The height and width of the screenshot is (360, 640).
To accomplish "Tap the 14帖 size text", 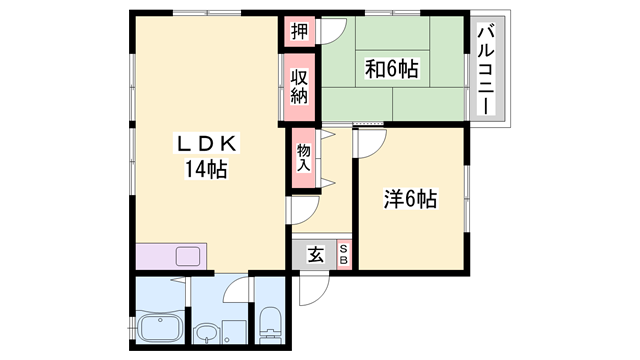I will click(205, 169).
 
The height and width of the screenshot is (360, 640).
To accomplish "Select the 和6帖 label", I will click(391, 68).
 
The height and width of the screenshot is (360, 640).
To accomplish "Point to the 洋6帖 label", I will click(410, 198).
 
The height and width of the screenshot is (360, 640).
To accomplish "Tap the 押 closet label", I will click(299, 30).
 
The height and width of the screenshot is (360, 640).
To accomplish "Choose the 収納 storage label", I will click(299, 87).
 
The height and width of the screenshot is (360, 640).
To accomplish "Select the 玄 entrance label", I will click(316, 255).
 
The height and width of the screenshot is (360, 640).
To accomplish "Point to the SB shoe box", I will click(343, 255).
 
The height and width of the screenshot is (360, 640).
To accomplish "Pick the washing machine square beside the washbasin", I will click(234, 331).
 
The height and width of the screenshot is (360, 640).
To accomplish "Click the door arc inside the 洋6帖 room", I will click(366, 142).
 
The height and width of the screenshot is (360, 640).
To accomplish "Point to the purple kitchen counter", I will click(170, 256).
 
